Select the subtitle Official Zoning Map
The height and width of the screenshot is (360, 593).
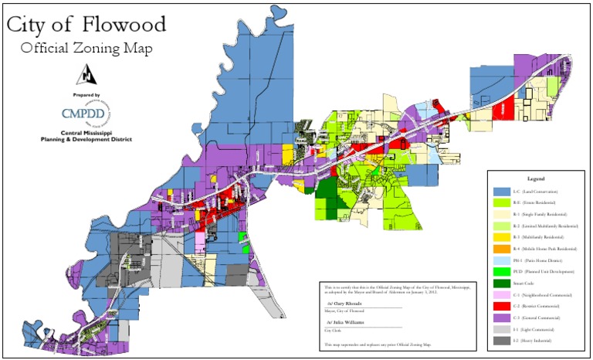click(86, 48)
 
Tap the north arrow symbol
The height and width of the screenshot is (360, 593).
click(86, 74)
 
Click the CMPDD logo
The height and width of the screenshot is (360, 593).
click(86, 113)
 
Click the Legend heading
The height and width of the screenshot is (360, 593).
click(536, 178)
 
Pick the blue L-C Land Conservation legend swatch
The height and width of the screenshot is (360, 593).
click(501, 191)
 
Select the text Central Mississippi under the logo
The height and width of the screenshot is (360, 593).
click(86, 132)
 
